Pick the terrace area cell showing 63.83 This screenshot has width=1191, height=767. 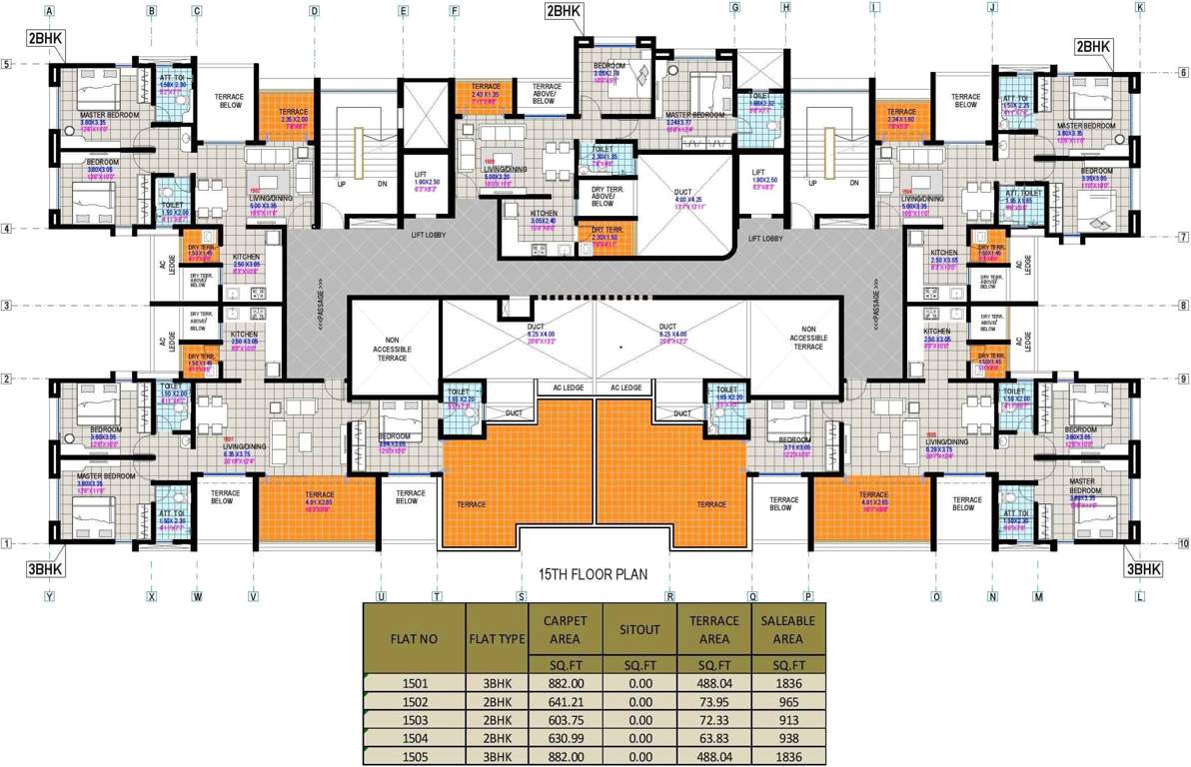pos(713,738)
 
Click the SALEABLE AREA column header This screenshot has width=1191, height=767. pos(788,629)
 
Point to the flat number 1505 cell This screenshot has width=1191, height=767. pos(414,758)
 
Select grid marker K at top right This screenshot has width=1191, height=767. pos(1139,7)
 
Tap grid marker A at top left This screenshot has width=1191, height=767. pos(49,11)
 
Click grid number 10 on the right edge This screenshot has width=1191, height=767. pos(1182,545)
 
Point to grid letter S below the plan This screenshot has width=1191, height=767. pos(521,596)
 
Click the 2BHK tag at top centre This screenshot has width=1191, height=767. pos(563,11)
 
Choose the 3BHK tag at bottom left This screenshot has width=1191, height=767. pos(45,571)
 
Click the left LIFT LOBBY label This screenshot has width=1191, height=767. pos(427,237)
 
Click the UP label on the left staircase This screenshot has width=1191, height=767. pos(341,184)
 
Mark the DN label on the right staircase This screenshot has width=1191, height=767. pos(854,184)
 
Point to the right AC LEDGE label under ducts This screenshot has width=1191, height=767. pos(626,388)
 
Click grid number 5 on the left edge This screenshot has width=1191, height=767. pos(6,65)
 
